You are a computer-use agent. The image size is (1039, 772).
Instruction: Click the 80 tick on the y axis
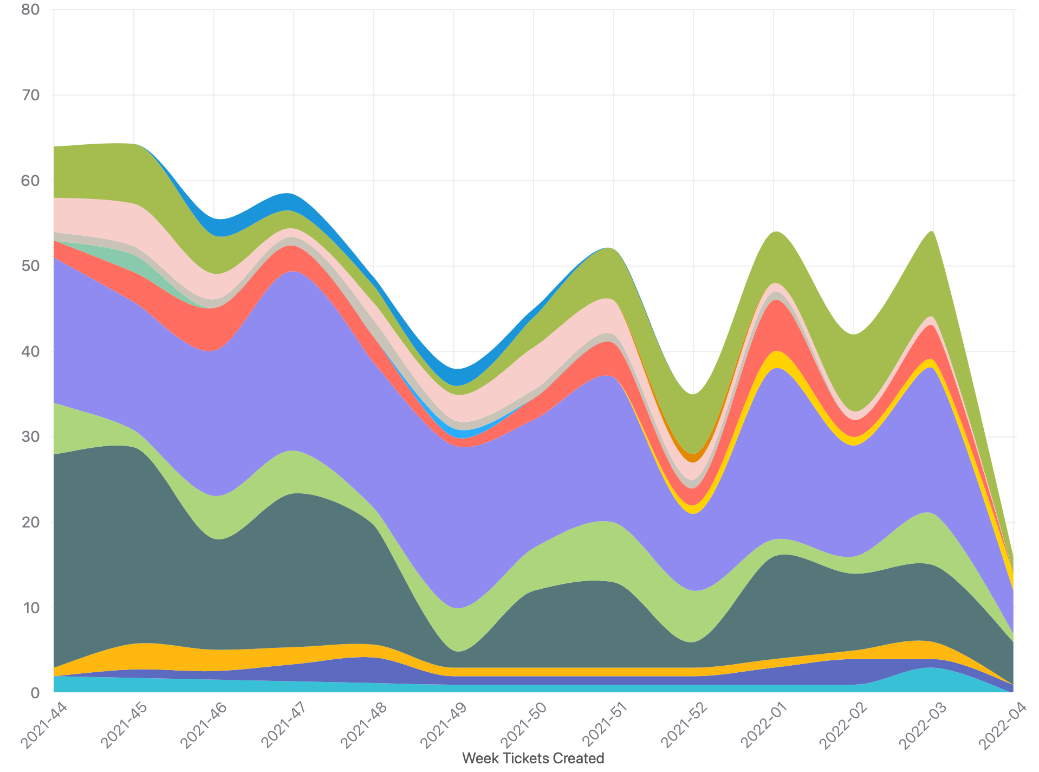click(30, 10)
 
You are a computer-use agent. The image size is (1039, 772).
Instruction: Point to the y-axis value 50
click(30, 266)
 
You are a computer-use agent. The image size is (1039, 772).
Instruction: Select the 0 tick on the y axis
click(35, 693)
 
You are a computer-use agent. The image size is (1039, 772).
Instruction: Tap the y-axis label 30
click(30, 437)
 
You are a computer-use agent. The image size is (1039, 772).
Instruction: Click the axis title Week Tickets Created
click(533, 758)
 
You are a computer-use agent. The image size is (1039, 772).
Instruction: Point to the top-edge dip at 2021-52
click(694, 394)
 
